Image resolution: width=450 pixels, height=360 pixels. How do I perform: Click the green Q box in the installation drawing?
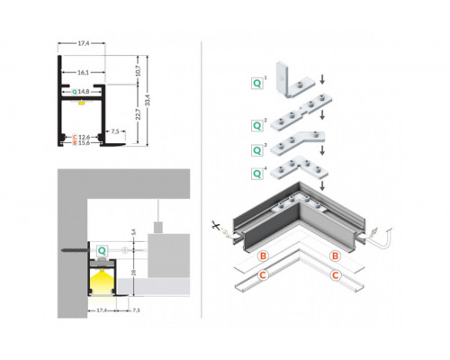pos(102,249)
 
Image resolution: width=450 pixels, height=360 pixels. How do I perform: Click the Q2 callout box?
pos(257,123)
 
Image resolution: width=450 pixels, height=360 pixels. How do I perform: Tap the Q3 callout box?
pos(257,148)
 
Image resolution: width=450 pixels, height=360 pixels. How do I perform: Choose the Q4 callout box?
pos(257,172)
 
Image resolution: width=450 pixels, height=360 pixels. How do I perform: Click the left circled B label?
pos(263,256)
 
